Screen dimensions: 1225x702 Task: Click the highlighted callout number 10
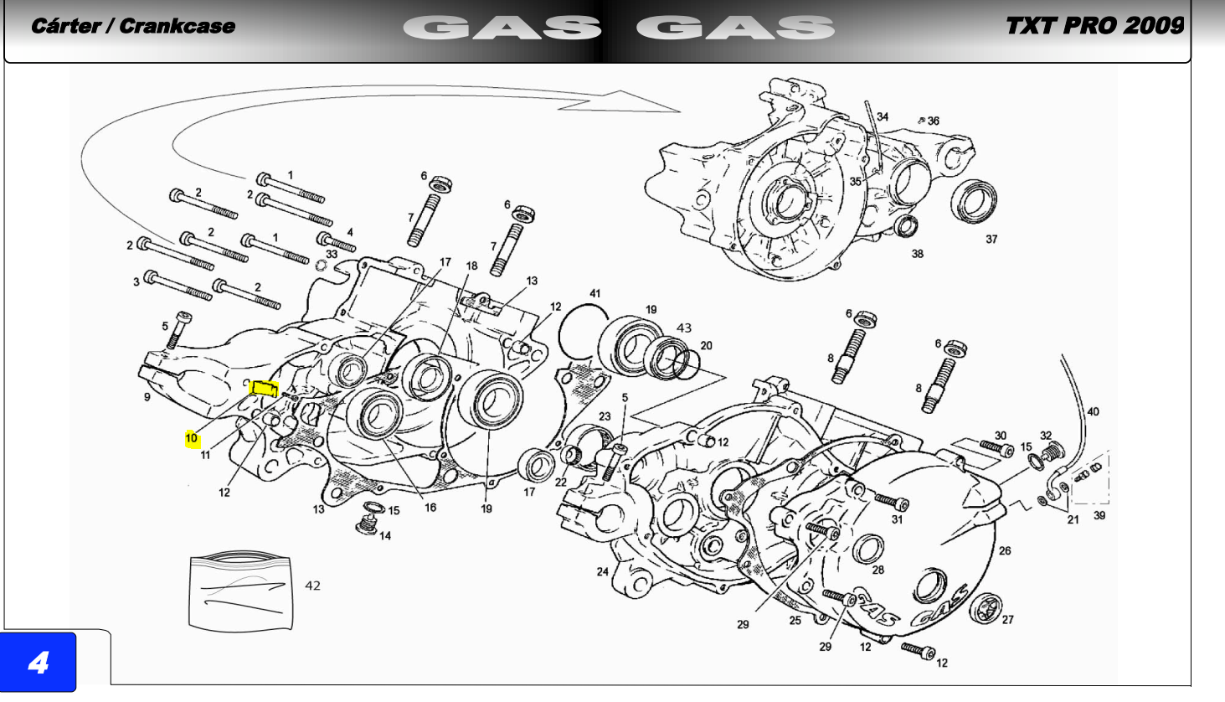[192, 438]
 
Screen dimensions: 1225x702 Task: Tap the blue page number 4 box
[38, 663]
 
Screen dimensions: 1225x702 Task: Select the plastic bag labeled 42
[240, 591]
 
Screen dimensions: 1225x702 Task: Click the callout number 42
[312, 586]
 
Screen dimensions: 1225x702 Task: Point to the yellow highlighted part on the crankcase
[264, 389]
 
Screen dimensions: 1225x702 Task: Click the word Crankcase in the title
[177, 26]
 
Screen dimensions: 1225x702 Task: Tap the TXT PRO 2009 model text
[1095, 26]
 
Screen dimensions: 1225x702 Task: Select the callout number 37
[991, 239]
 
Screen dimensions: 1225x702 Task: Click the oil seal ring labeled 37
[974, 201]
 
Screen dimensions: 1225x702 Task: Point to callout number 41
[595, 293]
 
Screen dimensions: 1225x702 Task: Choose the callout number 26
[1005, 551]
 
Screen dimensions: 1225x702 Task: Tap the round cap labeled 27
[986, 608]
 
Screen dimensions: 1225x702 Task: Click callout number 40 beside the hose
[1093, 411]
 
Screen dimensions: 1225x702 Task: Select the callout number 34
[883, 116]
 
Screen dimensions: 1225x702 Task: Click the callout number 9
[147, 397]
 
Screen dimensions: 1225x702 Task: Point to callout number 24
[602, 572]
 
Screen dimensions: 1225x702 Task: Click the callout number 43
[684, 328]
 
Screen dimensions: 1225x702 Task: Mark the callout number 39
[1099, 515]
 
